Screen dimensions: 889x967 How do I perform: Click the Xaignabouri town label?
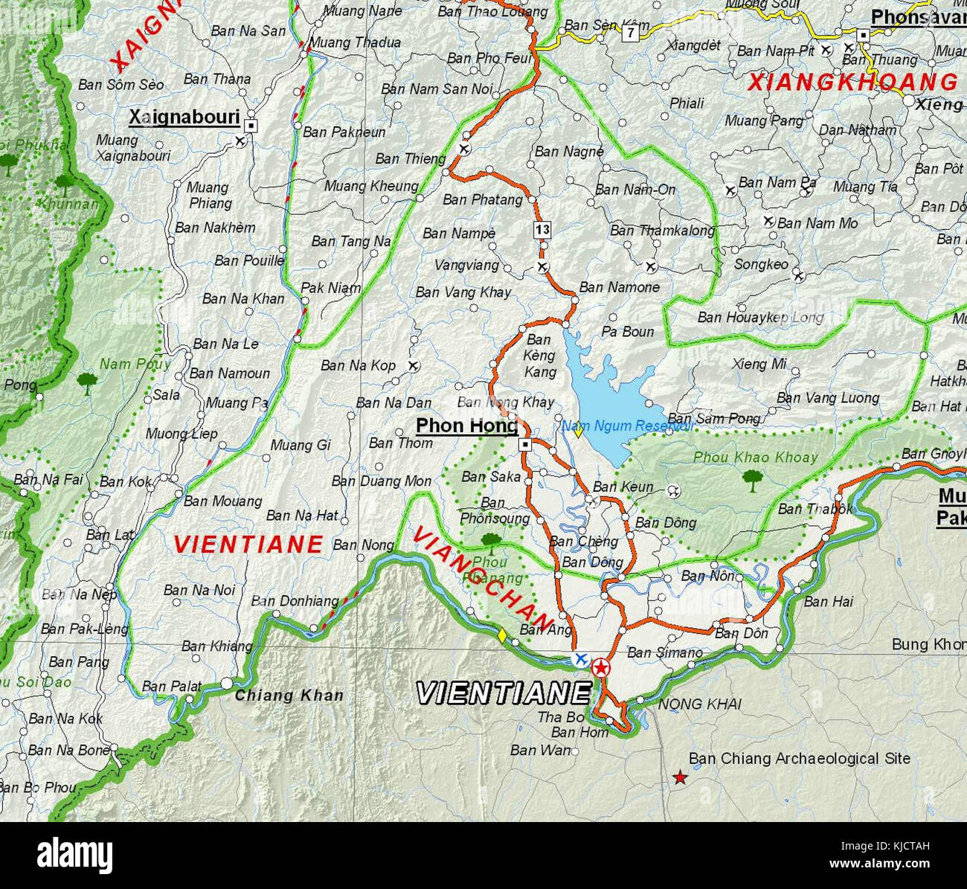(x=184, y=118)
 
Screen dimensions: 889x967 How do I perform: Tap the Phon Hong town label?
(x=466, y=426)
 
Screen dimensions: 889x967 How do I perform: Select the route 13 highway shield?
(x=542, y=229)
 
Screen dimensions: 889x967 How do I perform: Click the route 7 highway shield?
(x=631, y=33)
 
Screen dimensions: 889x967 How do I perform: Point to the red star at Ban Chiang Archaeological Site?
(x=680, y=778)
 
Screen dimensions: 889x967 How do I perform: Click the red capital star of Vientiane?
(x=600, y=667)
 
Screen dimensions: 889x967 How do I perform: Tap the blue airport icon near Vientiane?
(x=580, y=659)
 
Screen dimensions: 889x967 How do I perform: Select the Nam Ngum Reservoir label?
(x=626, y=426)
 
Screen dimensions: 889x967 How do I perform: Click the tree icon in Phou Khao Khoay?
(x=752, y=481)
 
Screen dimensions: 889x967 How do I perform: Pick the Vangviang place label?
(x=466, y=265)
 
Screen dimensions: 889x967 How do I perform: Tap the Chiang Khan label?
(x=289, y=696)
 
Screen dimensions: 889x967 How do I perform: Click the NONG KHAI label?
(x=699, y=704)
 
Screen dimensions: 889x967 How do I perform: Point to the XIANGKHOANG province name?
(x=852, y=82)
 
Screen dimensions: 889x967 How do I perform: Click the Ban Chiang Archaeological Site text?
(x=799, y=759)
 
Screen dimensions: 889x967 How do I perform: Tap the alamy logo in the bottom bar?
(x=74, y=856)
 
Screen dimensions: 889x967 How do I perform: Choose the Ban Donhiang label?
(x=295, y=601)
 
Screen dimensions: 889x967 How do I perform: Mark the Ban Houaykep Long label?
(x=760, y=318)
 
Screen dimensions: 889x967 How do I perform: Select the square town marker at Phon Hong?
(x=525, y=445)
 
